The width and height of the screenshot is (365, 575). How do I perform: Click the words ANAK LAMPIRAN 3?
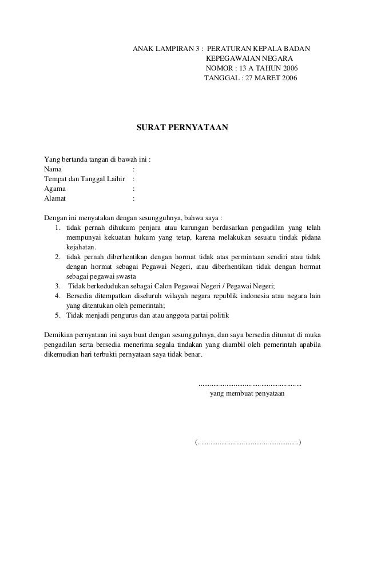pyautogui.click(x=166, y=49)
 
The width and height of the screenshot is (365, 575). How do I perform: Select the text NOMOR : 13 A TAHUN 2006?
pyautogui.click(x=251, y=68)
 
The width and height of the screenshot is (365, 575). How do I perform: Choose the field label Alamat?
pyautogui.click(x=55, y=198)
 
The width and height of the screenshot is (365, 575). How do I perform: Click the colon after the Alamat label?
pyautogui.click(x=133, y=198)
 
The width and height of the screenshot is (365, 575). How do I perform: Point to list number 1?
pyautogui.click(x=58, y=228)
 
